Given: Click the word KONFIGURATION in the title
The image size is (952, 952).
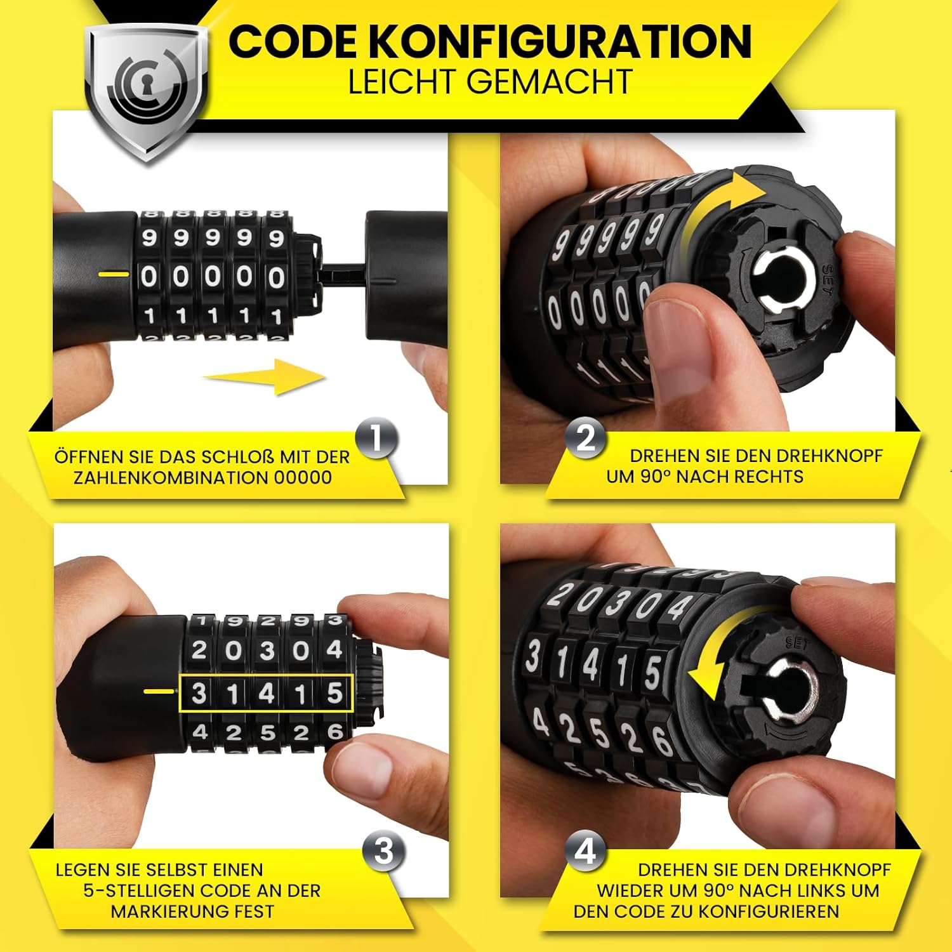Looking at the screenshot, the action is click(x=560, y=42).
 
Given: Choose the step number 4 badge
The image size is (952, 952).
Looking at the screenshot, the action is click(x=586, y=852).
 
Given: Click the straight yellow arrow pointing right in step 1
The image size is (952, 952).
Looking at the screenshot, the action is click(x=265, y=376).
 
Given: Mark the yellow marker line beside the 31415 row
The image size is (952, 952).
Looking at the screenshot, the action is click(x=159, y=691).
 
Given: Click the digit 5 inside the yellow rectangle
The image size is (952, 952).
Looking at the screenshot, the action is click(x=334, y=693).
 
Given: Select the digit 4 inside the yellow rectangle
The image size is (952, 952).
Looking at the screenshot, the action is click(x=267, y=693).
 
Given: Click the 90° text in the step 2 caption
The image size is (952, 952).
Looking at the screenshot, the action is click(x=655, y=477).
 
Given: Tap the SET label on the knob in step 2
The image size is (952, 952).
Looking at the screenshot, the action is click(x=826, y=278).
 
